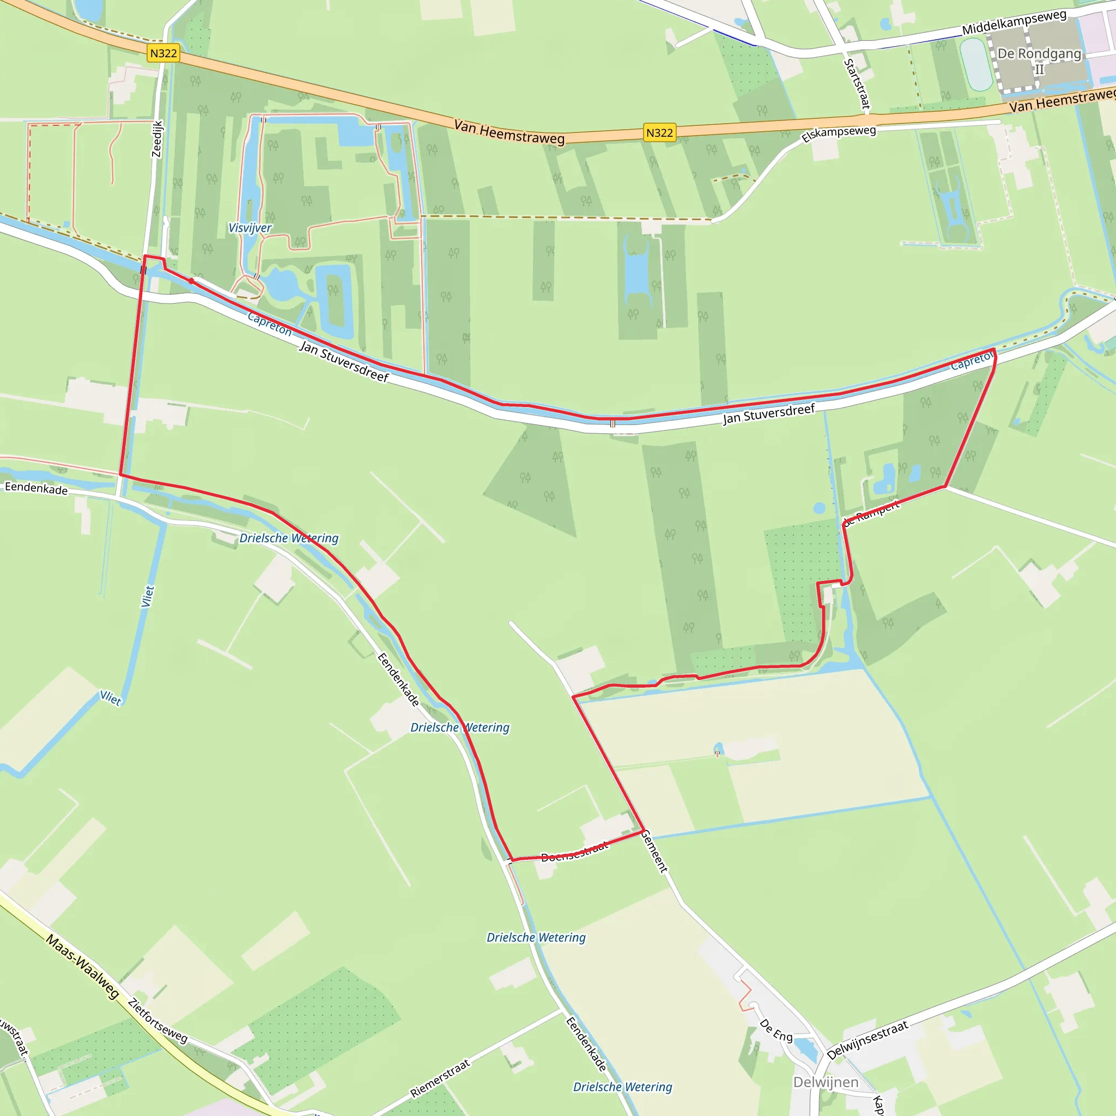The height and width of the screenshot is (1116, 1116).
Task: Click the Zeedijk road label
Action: coord(157,138)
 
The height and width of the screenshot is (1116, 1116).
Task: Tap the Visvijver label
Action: coord(250,228)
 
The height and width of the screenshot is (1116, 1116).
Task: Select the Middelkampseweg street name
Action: coord(1014,22)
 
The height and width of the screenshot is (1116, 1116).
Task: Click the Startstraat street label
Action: coord(857,84)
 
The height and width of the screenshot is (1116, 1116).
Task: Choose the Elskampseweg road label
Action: coord(839,134)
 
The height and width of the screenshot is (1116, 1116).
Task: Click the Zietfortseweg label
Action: coord(158,1021)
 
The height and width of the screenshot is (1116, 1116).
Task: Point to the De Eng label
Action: coord(776,1030)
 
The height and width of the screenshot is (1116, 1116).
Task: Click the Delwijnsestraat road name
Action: coord(868,1040)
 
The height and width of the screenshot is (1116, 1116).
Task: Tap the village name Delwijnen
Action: coord(826,1082)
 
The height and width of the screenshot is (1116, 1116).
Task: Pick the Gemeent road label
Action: coord(654,851)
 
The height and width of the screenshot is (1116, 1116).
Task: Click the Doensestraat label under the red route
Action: coord(575,852)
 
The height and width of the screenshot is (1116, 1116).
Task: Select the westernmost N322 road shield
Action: coord(163,54)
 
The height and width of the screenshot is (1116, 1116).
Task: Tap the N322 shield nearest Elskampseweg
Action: coord(660,133)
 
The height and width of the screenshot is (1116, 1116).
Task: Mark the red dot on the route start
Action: coord(191,281)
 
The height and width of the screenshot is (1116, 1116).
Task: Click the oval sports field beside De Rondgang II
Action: coord(975,64)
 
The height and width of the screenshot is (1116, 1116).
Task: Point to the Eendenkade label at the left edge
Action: coord(37,488)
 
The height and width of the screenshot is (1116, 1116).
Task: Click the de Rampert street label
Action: coord(872,513)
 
